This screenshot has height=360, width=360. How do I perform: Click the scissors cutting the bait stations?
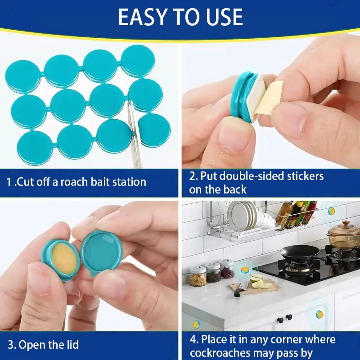pos(135,135)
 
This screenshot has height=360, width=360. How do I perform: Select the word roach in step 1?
pos(74,182)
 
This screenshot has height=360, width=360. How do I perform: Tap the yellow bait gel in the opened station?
pos(64,258)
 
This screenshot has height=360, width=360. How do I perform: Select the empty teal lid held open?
pos(102,252)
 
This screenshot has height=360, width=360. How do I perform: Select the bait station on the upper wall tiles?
pos(331,211)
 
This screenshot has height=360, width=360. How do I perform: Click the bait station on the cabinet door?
pos(319,314)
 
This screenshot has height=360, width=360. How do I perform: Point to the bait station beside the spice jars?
pos(244,270)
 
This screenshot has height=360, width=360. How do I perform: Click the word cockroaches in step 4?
pos(220,353)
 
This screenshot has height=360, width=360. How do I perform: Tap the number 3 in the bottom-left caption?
pos(10,345)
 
